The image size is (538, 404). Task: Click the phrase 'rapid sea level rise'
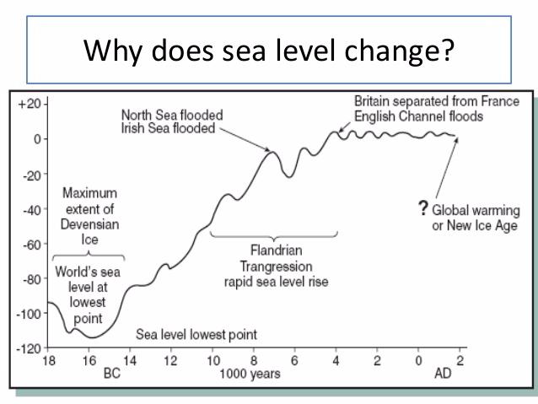[273, 282]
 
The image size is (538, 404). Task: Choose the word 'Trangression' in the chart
[273, 267]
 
